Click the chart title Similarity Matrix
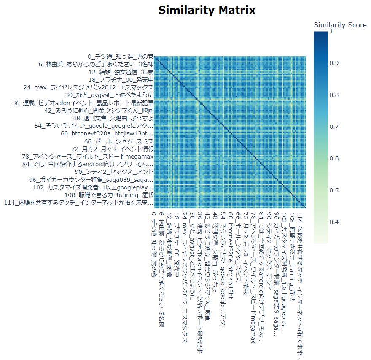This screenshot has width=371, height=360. click(207, 10)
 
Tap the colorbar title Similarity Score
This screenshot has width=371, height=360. click(340, 25)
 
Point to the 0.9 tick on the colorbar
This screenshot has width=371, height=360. click(334, 63)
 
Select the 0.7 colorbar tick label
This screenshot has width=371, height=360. click(334, 127)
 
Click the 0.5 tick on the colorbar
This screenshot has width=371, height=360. click(334, 190)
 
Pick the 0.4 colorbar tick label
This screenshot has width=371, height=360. click(334, 222)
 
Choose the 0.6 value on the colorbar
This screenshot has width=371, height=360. click(334, 158)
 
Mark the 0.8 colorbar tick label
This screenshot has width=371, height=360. click(334, 95)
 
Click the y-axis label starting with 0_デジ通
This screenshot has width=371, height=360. click(121, 57)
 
